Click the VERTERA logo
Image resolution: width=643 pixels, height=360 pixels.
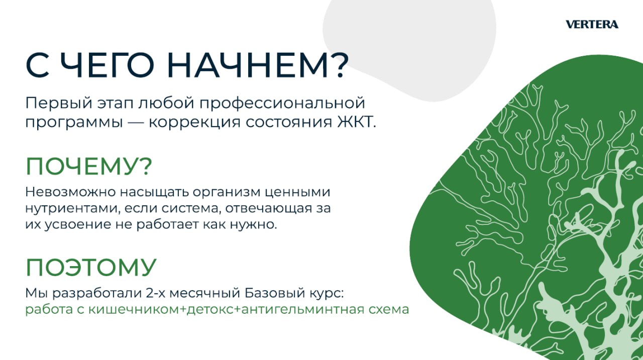(592, 25)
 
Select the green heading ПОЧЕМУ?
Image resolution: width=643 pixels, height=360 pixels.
(89, 166)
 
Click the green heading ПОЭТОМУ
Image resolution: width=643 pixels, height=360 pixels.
(91, 267)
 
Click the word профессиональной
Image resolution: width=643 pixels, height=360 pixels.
(282, 104)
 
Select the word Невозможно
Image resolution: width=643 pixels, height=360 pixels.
(70, 192)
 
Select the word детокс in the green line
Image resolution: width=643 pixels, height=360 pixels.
(210, 310)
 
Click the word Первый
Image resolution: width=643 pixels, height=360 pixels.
(59, 103)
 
